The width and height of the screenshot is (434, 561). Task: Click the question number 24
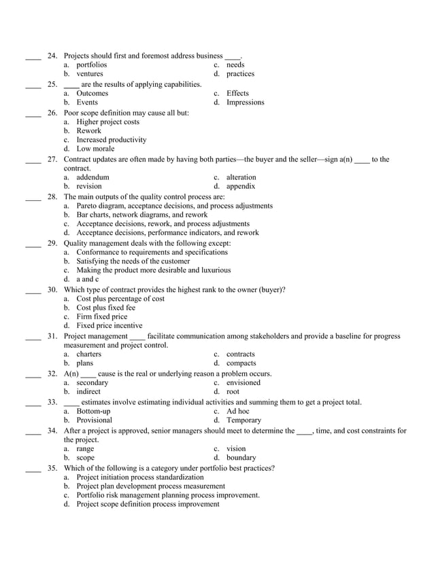(x=52, y=56)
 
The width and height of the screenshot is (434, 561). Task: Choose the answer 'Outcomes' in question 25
(x=92, y=93)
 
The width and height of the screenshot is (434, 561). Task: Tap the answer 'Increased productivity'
(x=111, y=140)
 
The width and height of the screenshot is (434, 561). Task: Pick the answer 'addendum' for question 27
(x=93, y=177)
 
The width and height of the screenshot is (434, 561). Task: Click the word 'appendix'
(x=241, y=185)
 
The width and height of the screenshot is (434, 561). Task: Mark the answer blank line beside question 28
(x=33, y=197)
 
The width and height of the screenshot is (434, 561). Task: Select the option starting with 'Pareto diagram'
(x=174, y=205)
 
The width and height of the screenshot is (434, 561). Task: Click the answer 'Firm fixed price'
(x=101, y=316)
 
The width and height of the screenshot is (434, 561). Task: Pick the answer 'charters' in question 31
(x=89, y=354)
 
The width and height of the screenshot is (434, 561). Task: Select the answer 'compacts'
(x=241, y=363)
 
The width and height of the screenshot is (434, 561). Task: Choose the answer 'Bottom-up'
(x=93, y=412)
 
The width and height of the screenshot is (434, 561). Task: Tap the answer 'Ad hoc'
(x=237, y=412)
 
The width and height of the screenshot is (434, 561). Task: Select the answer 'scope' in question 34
(x=86, y=458)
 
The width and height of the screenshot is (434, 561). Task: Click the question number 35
(x=52, y=468)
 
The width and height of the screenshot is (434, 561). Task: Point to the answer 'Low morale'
(x=95, y=149)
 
